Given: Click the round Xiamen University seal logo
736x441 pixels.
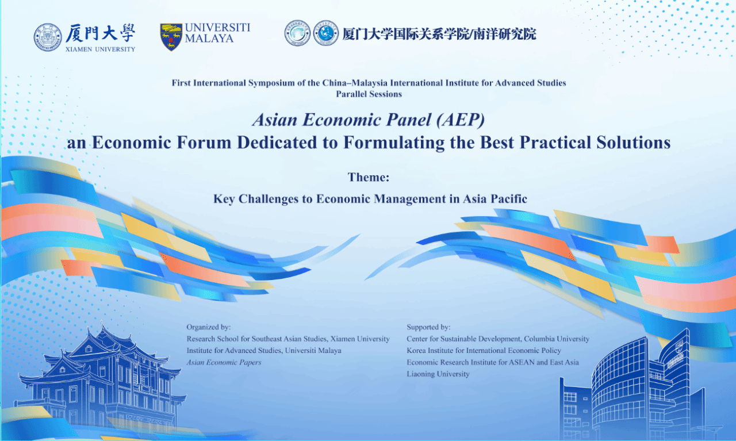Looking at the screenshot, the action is [48, 37].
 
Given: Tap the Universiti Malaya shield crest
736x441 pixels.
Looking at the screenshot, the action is [171, 37].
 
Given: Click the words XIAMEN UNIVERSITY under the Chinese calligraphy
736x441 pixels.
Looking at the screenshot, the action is [100, 49].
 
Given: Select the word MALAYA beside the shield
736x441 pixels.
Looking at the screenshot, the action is [209, 38].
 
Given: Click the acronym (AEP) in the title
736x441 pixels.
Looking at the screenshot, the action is [461, 120].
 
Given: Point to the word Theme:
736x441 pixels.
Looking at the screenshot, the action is [369, 178].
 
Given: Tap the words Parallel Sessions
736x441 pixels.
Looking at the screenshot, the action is [369, 94].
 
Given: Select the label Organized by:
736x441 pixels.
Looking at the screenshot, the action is [209, 327].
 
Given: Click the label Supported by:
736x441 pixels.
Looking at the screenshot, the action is [428, 327].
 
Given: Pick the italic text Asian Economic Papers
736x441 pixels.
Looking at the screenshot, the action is [224, 362].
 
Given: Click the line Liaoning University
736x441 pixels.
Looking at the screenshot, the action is [438, 374].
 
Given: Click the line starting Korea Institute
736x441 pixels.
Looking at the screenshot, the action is [484, 351].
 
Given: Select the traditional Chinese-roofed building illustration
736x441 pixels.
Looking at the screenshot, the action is [100, 378].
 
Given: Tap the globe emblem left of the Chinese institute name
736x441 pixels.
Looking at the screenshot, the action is [325, 33].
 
